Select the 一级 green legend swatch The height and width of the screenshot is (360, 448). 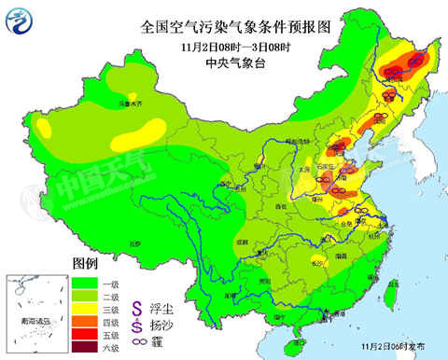click(85, 282)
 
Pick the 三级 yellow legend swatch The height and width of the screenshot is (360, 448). click(85, 308)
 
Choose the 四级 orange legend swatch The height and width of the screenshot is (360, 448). click(85, 321)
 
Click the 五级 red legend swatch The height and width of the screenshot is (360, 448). click(85, 334)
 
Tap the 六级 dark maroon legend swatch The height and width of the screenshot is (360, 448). click(85, 347)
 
